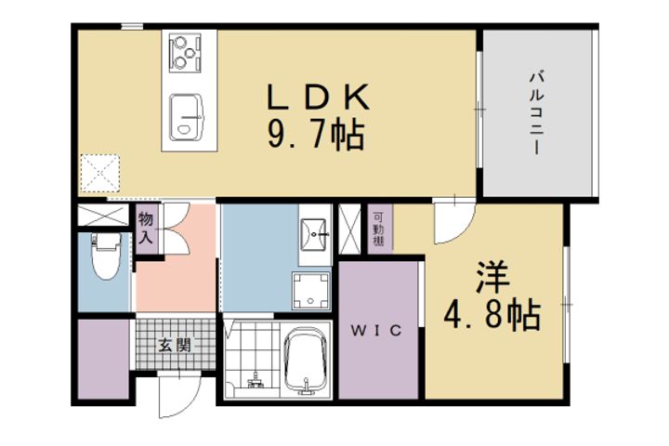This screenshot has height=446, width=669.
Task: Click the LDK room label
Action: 320,97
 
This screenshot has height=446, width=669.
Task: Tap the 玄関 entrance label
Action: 174,347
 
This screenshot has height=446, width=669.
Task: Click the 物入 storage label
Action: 147,228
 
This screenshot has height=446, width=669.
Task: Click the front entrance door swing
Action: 177,395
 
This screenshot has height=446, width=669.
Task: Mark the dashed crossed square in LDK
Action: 100,173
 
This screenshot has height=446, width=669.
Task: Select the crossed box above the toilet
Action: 102,216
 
